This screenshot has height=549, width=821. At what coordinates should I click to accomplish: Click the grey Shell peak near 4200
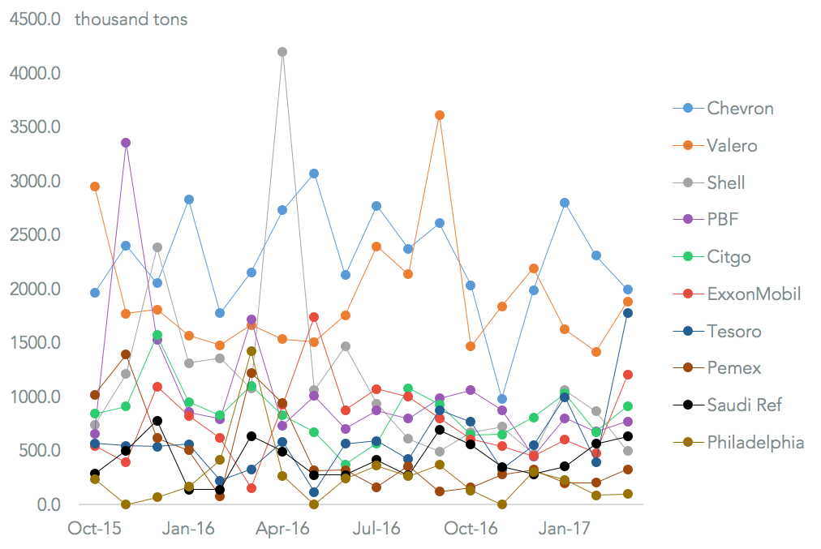[x=282, y=52]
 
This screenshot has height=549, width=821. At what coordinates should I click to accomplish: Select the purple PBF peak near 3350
[x=126, y=143]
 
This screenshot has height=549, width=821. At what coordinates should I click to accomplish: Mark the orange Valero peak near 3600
[x=440, y=115]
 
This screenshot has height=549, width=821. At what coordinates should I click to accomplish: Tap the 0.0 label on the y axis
[x=47, y=504]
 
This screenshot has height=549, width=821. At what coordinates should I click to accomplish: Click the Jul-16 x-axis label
[x=376, y=529]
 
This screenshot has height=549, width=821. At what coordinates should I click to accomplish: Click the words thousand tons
[x=131, y=19]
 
